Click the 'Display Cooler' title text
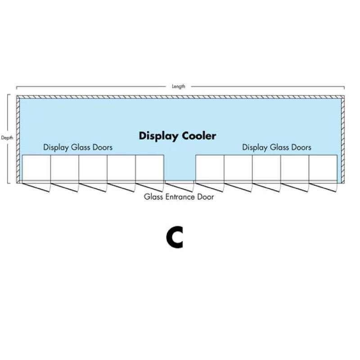(x=177, y=135)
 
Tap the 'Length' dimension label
(x=179, y=86)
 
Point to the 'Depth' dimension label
(x=7, y=138)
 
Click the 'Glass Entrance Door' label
(x=179, y=197)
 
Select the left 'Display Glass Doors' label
(x=78, y=147)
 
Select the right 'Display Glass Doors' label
(x=277, y=147)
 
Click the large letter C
(x=175, y=238)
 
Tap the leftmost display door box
(x=36, y=168)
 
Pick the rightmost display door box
(x=323, y=168)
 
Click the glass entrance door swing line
(x=180, y=182)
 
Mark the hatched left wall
(x=18, y=139)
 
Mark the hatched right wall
(x=342, y=139)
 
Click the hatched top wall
(x=180, y=97)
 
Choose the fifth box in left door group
(x=149, y=168)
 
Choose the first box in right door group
(x=210, y=168)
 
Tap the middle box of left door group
(x=93, y=168)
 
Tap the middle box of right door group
(x=266, y=168)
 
